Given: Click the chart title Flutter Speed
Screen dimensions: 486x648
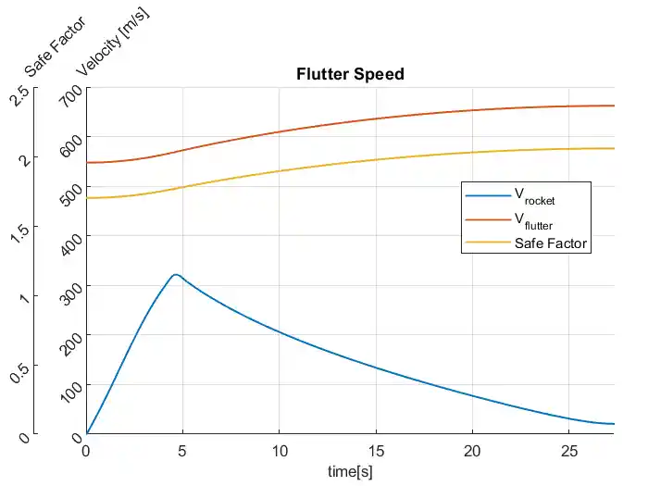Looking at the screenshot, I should pyautogui.click(x=350, y=74).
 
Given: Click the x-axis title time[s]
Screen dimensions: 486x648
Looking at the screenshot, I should pyautogui.click(x=350, y=471).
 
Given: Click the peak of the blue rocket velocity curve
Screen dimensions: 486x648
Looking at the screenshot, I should pyautogui.click(x=174, y=274).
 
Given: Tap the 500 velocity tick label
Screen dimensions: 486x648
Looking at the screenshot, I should pyautogui.click(x=71, y=195).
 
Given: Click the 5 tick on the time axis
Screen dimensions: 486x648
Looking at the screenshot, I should pyautogui.click(x=182, y=448).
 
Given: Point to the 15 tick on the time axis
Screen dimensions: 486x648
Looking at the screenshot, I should pyautogui.click(x=376, y=448).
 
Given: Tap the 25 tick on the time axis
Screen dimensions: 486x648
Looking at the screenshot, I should pyautogui.click(x=568, y=448).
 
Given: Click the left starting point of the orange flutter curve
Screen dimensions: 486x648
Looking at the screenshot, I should pyautogui.click(x=87, y=163).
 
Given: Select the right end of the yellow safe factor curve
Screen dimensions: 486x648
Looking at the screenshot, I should pyautogui.click(x=615, y=148).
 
